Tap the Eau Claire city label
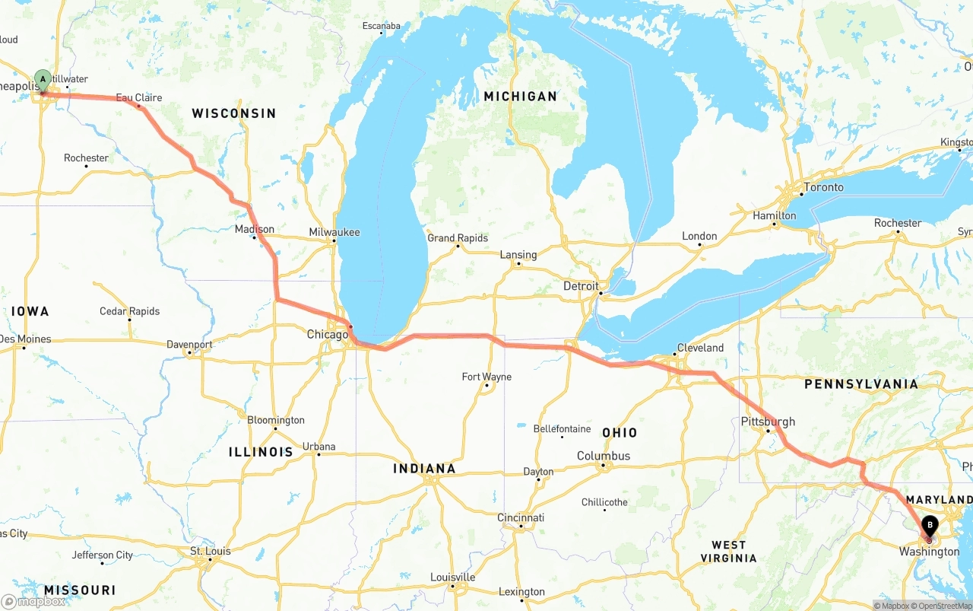click(x=138, y=97)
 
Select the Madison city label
click(x=254, y=229)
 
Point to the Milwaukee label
click(x=334, y=232)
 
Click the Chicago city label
click(x=327, y=334)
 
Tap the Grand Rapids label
click(x=457, y=238)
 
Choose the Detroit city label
click(x=581, y=286)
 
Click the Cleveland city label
click(x=699, y=348)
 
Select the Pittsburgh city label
click(x=768, y=422)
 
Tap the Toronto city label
click(x=823, y=187)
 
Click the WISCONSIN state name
click(x=233, y=113)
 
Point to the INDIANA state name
click(x=423, y=469)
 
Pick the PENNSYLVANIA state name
click(x=861, y=384)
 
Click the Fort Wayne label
click(x=486, y=377)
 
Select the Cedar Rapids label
click(x=129, y=311)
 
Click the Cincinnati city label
click(x=521, y=517)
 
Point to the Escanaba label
click(x=381, y=26)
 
